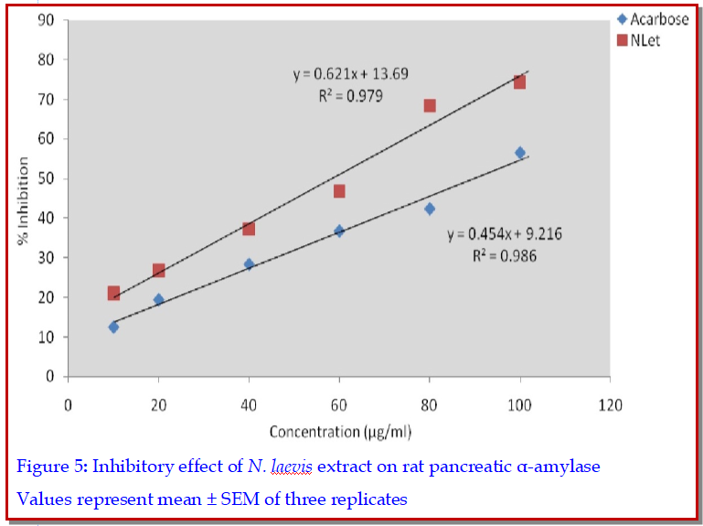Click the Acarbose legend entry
pyautogui.click(x=653, y=20)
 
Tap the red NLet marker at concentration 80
pyautogui.click(x=430, y=106)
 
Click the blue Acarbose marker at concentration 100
pyautogui.click(x=520, y=153)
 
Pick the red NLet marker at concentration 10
pyautogui.click(x=113, y=294)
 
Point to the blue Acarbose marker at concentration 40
pyautogui.click(x=249, y=264)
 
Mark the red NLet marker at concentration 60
pyautogui.click(x=339, y=191)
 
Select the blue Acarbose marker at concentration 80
pyautogui.click(x=430, y=209)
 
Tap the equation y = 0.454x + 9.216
pyautogui.click(x=505, y=234)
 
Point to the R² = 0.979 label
pyautogui.click(x=351, y=95)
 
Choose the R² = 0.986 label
pyautogui.click(x=505, y=255)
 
